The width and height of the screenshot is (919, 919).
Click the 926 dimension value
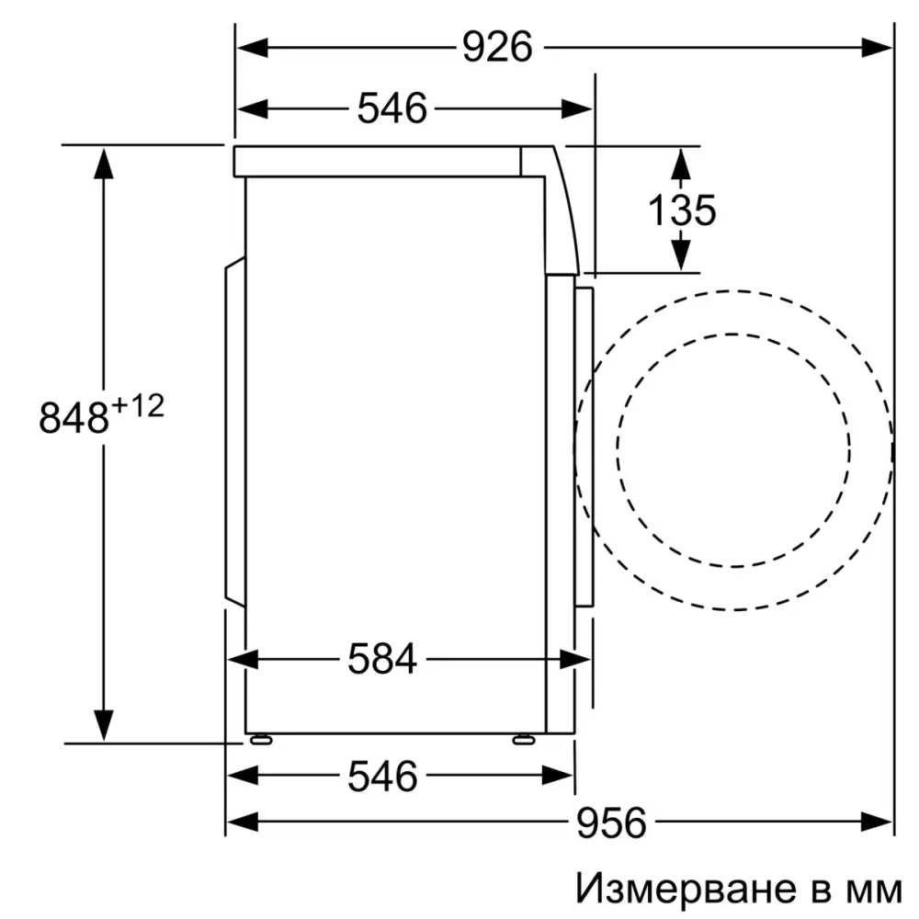[x=496, y=47]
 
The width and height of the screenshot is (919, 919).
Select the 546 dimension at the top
[x=392, y=108]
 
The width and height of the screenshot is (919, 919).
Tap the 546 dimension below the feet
[x=382, y=777]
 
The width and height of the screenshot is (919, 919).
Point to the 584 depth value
[x=382, y=659]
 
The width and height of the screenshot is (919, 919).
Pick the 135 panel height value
[x=681, y=210]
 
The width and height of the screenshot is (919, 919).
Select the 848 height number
[x=74, y=418]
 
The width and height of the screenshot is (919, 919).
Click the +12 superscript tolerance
[x=138, y=405]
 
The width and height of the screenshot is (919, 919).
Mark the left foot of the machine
[x=261, y=737]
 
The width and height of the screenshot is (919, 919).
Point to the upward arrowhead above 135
[x=680, y=163]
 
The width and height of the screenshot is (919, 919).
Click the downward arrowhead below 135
[x=680, y=255]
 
